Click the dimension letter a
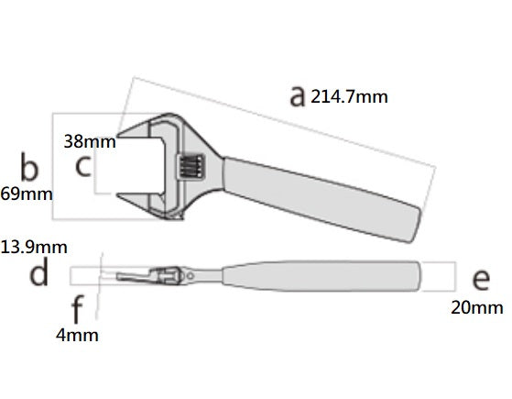298,96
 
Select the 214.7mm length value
349,97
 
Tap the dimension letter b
29,167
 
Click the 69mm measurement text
27,194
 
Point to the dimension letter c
83,166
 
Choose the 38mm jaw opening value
90,141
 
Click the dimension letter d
39,272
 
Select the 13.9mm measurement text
34,248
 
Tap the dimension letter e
481,280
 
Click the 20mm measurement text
477,308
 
